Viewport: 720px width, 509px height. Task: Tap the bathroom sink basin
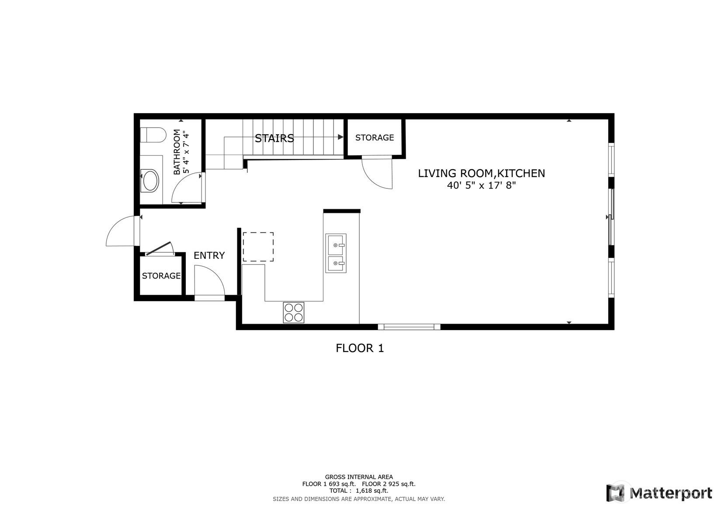(x=151, y=181)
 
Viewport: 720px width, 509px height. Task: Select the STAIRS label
(x=274, y=139)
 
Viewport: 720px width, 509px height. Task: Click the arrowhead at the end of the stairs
(x=341, y=137)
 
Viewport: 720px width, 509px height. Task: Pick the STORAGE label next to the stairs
(x=374, y=138)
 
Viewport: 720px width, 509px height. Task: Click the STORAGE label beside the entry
(x=161, y=276)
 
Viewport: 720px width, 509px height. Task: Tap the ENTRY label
(x=209, y=255)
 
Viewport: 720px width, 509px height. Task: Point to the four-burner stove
(x=293, y=313)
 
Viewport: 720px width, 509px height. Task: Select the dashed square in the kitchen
(x=258, y=247)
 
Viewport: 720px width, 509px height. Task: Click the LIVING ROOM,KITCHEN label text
(x=481, y=174)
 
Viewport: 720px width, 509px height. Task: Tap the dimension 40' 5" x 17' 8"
(x=481, y=185)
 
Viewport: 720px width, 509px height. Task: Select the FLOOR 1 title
(x=359, y=349)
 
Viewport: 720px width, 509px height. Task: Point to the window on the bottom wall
(x=409, y=327)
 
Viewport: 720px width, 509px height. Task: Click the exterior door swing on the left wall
(x=121, y=232)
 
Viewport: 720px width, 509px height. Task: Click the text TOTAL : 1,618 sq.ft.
(x=358, y=491)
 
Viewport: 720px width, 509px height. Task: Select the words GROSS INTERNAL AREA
(x=358, y=477)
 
